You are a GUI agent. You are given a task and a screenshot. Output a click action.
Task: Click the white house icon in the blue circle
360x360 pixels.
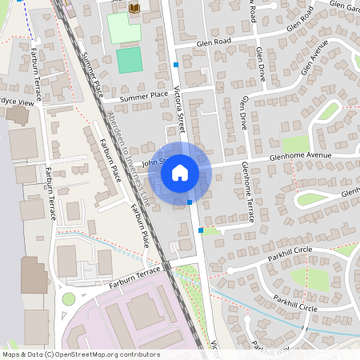(180, 172)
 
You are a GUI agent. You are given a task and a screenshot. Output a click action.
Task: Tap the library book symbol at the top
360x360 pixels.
(134, 8)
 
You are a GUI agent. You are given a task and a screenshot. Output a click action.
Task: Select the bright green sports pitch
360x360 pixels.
(129, 59)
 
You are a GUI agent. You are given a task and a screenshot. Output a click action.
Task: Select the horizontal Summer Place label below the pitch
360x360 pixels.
(143, 97)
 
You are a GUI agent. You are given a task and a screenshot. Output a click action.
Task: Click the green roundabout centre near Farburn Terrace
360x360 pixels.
(68, 299)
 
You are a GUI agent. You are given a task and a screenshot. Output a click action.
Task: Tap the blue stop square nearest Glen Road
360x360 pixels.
(176, 64)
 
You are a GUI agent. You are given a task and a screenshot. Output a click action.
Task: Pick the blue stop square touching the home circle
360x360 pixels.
(190, 202)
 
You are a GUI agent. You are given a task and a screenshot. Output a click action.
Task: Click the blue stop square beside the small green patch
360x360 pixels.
(200, 230)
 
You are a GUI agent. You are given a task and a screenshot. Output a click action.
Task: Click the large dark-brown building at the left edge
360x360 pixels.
(34, 275)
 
